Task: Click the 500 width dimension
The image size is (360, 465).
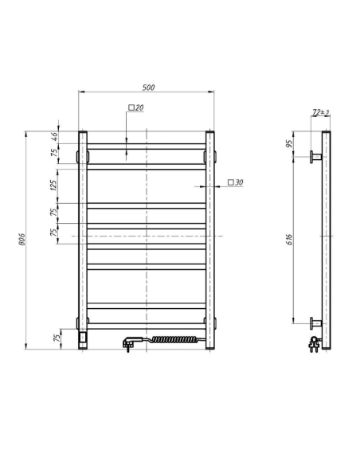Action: (147, 87)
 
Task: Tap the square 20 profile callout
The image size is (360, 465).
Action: (135, 107)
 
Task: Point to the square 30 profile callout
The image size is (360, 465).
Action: (235, 183)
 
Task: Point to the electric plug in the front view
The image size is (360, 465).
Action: (130, 344)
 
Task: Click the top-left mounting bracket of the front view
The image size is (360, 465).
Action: (80, 156)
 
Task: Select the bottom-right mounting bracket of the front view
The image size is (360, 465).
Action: (212, 322)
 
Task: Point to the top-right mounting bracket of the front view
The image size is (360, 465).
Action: (212, 156)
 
